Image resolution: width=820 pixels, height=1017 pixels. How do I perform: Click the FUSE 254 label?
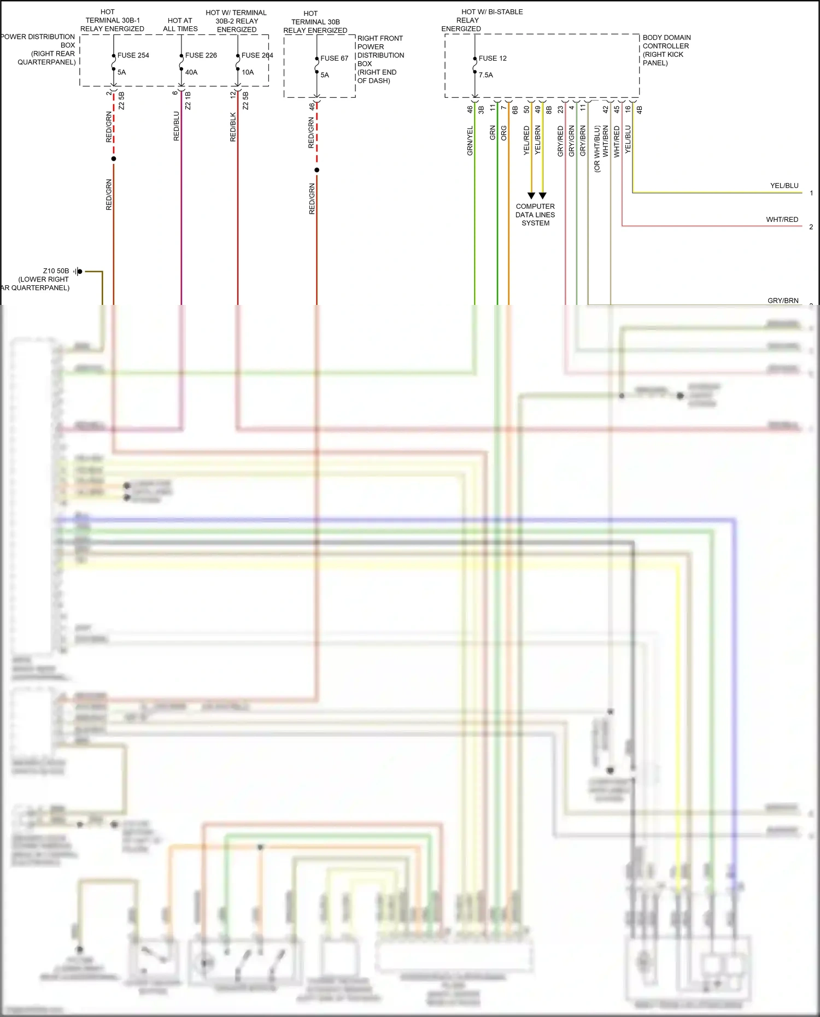pyautogui.click(x=133, y=55)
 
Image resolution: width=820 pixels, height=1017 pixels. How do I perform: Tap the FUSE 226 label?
pyautogui.click(x=201, y=55)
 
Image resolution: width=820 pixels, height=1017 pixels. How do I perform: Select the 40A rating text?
pyautogui.click(x=191, y=72)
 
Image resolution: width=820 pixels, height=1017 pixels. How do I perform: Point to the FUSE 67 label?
pyautogui.click(x=334, y=58)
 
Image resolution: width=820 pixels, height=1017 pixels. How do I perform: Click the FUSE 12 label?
pyautogui.click(x=493, y=58)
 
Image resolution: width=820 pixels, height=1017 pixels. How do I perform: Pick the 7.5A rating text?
pyautogui.click(x=485, y=75)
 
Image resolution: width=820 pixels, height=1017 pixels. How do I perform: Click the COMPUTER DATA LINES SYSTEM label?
pyautogui.click(x=535, y=215)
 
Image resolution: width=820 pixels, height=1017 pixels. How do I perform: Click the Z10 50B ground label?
pyautogui.click(x=56, y=271)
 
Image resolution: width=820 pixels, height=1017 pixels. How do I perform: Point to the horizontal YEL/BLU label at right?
pyautogui.click(x=784, y=186)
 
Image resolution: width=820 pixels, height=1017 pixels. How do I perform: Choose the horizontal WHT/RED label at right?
pyautogui.click(x=782, y=220)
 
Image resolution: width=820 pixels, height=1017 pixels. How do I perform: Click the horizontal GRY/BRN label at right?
pyautogui.click(x=783, y=301)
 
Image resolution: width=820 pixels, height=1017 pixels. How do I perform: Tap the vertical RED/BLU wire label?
pyautogui.click(x=177, y=126)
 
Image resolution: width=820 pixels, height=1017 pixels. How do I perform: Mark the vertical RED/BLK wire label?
pyautogui.click(x=233, y=127)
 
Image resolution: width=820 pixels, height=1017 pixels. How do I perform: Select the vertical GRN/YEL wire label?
pyautogui.click(x=470, y=141)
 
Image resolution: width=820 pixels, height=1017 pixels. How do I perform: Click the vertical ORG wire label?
pyautogui.click(x=504, y=133)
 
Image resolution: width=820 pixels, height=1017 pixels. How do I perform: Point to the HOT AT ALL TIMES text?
pyautogui.click(x=180, y=25)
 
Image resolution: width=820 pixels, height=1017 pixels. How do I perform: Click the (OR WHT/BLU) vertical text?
pyautogui.click(x=597, y=149)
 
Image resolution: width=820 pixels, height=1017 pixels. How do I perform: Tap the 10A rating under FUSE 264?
pyautogui.click(x=248, y=72)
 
